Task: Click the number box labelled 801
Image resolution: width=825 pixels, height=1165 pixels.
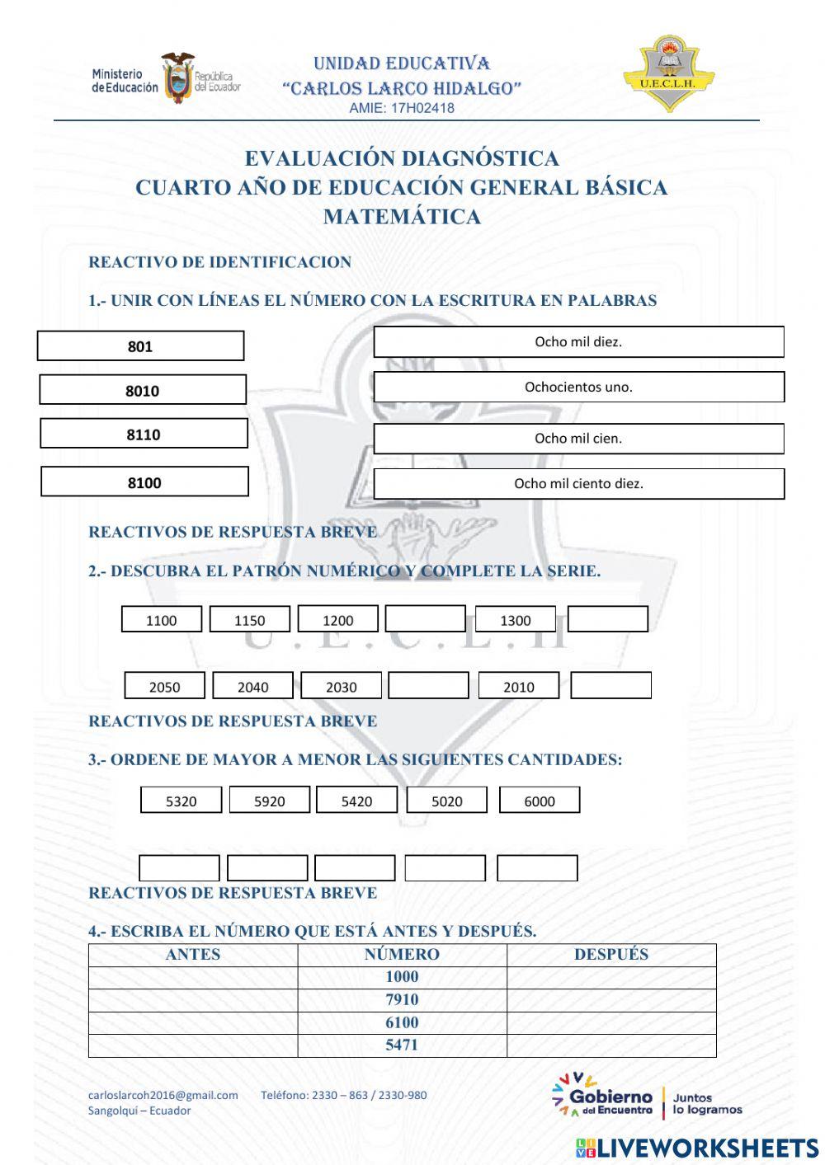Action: pyautogui.click(x=140, y=346)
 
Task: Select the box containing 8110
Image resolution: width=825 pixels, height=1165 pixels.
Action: pyautogui.click(x=144, y=434)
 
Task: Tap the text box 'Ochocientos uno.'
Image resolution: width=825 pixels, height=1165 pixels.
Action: pyautogui.click(x=578, y=387)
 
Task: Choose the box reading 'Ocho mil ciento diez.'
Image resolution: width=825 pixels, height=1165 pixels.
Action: pyautogui.click(x=578, y=484)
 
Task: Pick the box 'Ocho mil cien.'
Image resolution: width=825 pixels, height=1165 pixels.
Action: pyautogui.click(x=578, y=439)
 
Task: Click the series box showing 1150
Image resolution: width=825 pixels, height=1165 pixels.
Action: pyautogui.click(x=249, y=620)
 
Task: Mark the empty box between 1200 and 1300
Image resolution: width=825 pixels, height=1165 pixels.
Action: pyautogui.click(x=425, y=619)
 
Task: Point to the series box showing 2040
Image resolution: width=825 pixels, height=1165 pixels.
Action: pyautogui.click(x=252, y=686)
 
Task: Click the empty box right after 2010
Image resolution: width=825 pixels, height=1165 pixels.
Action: pyautogui.click(x=610, y=685)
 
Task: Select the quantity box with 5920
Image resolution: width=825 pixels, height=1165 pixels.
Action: pyautogui.click(x=269, y=800)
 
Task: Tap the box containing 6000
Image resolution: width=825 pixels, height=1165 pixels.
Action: pyautogui.click(x=540, y=800)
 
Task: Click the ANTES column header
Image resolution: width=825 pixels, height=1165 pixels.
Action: pyautogui.click(x=193, y=955)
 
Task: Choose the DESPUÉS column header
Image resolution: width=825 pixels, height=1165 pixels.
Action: pyautogui.click(x=611, y=955)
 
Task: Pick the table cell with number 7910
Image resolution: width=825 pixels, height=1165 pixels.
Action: pyautogui.click(x=402, y=1000)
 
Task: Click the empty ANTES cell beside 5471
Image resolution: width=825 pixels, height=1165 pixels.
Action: pyautogui.click(x=193, y=1045)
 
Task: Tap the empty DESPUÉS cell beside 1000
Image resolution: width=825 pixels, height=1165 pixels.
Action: pyautogui.click(x=611, y=977)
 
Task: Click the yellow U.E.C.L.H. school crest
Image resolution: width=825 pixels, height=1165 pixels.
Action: pyautogui.click(x=668, y=74)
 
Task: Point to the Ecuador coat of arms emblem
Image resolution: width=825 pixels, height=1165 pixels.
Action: pyautogui.click(x=177, y=78)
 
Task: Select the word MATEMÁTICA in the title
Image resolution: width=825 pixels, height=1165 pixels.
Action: pyautogui.click(x=402, y=217)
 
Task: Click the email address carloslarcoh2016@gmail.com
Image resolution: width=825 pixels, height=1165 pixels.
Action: pyautogui.click(x=163, y=1096)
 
